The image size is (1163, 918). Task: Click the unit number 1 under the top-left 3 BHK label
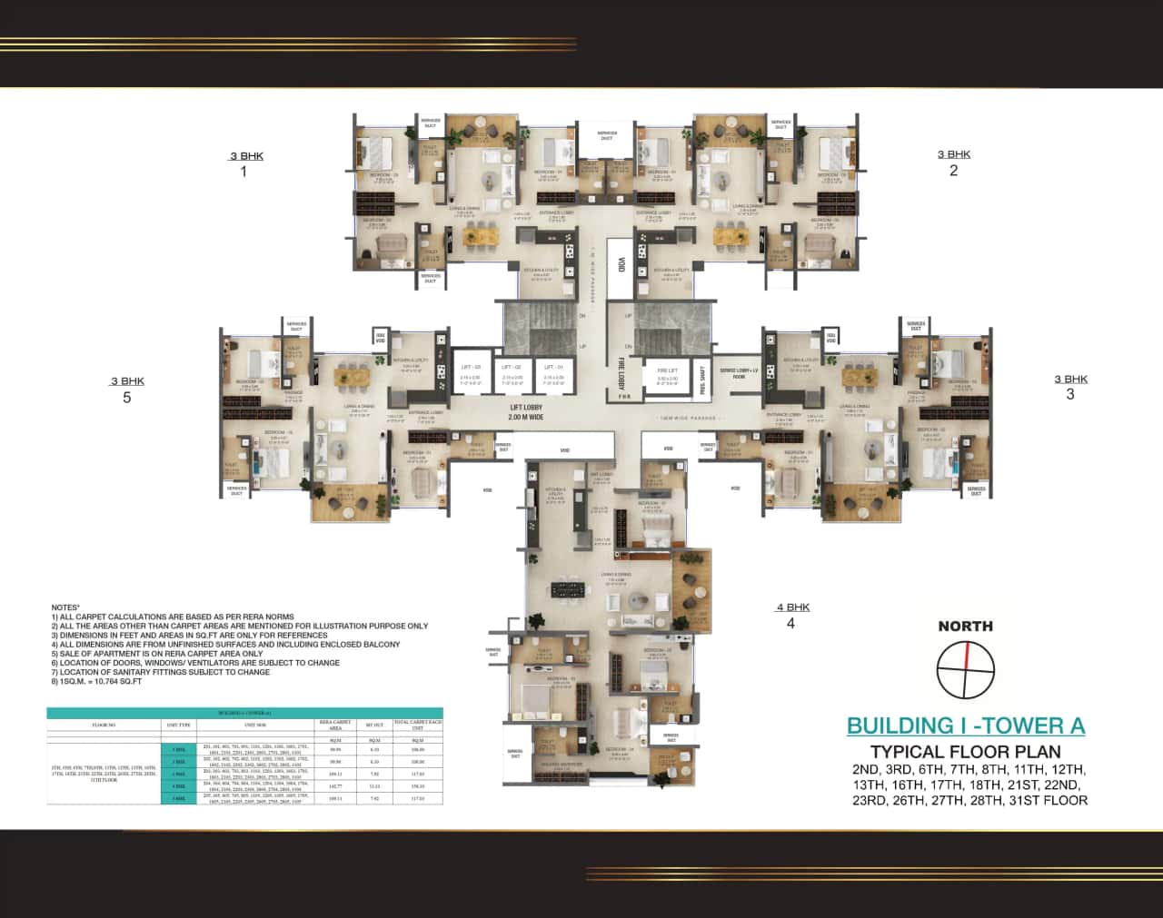coord(244,172)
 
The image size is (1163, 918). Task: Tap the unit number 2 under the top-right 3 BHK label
coord(953,171)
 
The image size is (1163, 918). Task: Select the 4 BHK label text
coord(792,607)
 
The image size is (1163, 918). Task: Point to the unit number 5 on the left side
coord(127,398)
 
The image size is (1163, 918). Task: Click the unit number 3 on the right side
coord(1070,394)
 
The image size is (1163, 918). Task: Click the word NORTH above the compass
coord(965,626)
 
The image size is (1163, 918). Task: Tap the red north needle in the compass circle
coord(967,656)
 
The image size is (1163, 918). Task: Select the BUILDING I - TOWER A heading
coord(966,726)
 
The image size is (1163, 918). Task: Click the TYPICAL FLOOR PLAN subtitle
coord(966,752)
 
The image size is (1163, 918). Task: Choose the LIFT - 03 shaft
coord(471,371)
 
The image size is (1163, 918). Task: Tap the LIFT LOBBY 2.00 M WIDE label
coord(526,413)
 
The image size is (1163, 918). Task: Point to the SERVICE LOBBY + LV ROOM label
coord(739,373)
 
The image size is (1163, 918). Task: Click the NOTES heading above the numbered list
coord(65,607)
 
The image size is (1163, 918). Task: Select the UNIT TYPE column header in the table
coord(178,726)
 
